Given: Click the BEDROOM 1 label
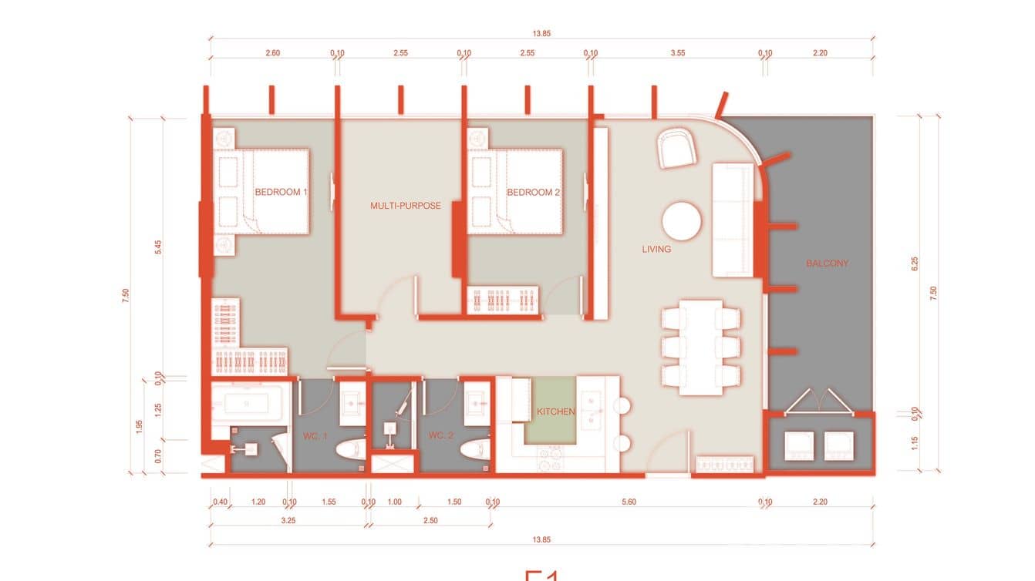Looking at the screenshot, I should (x=281, y=192).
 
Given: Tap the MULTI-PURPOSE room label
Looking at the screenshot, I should (x=406, y=206).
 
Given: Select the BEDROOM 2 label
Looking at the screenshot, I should (x=533, y=192).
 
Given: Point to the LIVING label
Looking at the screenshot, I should (x=657, y=249).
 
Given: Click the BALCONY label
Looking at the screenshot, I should (x=827, y=264).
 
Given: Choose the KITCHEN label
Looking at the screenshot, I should (x=556, y=411).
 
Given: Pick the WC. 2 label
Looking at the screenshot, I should (x=440, y=437).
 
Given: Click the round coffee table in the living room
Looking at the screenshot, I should (x=682, y=222).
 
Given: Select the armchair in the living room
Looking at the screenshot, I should (x=677, y=149).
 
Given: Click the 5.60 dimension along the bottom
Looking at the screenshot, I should (x=629, y=502).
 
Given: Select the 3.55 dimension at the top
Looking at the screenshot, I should (x=677, y=53).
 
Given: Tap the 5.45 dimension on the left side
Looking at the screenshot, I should (x=158, y=248).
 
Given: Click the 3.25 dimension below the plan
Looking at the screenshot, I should (x=288, y=521).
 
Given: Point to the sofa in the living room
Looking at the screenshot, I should (x=732, y=220).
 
